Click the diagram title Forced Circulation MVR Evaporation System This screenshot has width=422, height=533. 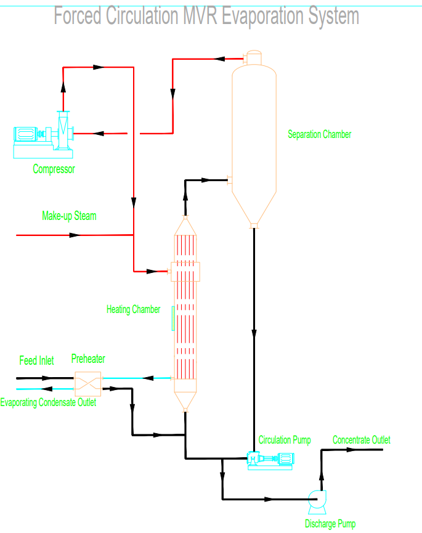click(x=206, y=16)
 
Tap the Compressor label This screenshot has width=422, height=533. click(x=54, y=169)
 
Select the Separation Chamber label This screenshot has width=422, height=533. click(x=319, y=134)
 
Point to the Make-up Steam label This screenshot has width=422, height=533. click(x=69, y=216)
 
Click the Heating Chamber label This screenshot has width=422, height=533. click(x=133, y=309)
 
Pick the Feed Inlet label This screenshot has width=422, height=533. click(x=36, y=360)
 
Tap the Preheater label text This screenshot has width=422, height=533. click(x=88, y=359)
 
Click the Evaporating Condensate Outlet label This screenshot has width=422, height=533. click(x=48, y=403)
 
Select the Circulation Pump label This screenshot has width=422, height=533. click(x=284, y=440)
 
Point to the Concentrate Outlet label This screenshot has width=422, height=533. click(x=361, y=440)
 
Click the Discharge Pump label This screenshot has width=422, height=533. click(x=330, y=524)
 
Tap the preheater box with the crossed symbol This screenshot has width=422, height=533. click(x=88, y=383)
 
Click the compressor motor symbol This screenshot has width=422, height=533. click(x=26, y=134)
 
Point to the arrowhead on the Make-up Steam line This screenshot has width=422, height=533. click(x=75, y=235)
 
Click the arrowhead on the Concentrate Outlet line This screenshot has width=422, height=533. click(x=351, y=450)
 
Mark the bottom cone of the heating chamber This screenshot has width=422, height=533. click(x=185, y=401)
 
